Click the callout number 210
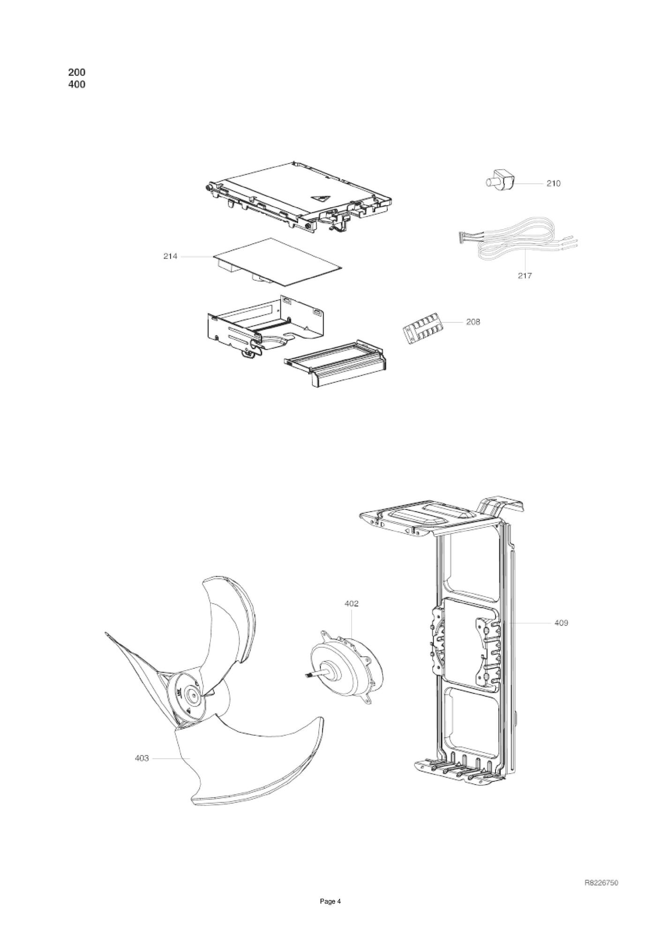tap(553, 183)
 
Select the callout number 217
tap(525, 276)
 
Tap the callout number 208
tap(473, 322)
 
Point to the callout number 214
tap(170, 256)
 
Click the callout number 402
tap(351, 604)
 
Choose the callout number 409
tap(561, 623)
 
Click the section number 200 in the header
tap(77, 72)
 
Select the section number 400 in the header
tap(77, 85)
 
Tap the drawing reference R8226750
tap(601, 883)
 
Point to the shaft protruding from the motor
tap(314, 675)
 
